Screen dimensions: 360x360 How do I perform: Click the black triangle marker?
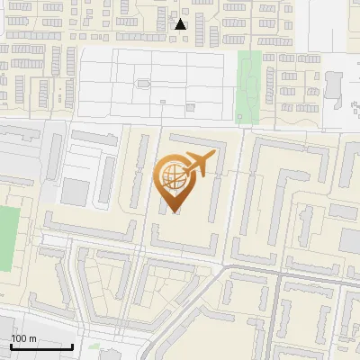180,23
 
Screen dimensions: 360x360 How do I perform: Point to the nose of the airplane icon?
214,156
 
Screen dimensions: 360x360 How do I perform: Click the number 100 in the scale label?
19,338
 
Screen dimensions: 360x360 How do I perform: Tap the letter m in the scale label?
32,338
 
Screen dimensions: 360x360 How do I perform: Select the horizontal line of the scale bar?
41,346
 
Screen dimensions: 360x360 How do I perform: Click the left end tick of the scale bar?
11,345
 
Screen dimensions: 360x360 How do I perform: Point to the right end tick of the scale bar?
72,345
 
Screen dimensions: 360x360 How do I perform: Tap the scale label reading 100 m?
23,338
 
